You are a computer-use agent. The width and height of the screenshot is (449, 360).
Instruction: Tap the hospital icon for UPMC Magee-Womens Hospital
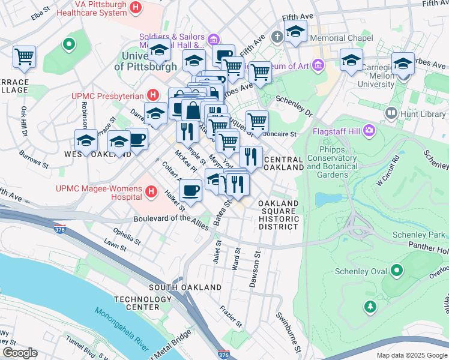[151, 193]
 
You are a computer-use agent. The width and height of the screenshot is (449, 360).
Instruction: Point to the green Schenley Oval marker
[396, 272]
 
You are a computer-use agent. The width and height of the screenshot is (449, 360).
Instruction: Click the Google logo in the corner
[20, 353]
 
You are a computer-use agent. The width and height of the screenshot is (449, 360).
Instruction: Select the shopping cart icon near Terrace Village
[24, 57]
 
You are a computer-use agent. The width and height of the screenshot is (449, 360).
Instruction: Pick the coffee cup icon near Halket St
[190, 191]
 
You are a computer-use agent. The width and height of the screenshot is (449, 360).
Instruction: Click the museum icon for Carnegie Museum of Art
[318, 64]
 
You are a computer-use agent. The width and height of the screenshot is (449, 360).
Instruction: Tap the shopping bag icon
[193, 110]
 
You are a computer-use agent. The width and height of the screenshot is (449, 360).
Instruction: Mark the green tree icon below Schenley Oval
[370, 307]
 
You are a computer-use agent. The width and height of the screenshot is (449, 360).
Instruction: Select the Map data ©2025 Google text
[411, 355]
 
